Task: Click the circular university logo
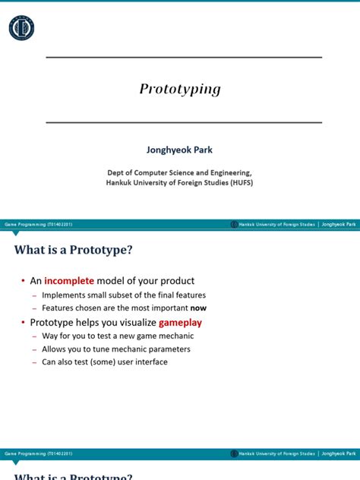[21, 28]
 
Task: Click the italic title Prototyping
[180, 89]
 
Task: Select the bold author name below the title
[180, 150]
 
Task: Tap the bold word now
[198, 308]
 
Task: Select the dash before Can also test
[34, 362]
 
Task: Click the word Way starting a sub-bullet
[49, 336]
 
